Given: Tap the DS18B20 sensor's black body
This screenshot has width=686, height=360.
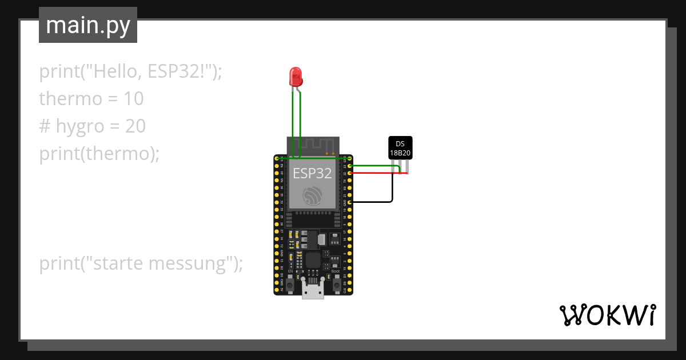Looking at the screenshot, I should tap(400, 147).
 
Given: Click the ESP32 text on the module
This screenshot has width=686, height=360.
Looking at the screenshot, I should tap(312, 173).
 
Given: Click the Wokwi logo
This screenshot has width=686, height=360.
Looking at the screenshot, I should tap(607, 315).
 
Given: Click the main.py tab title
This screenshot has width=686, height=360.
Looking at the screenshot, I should tap(88, 25).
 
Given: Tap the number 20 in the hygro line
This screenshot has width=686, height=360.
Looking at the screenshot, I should tap(135, 126).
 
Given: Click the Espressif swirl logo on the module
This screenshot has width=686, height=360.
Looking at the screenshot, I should tap(312, 196).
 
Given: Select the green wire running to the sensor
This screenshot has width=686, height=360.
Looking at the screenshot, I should tap(372, 166).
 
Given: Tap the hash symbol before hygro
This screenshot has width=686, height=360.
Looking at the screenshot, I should tap(45, 126).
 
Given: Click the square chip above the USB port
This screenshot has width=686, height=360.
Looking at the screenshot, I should tap(313, 260).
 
